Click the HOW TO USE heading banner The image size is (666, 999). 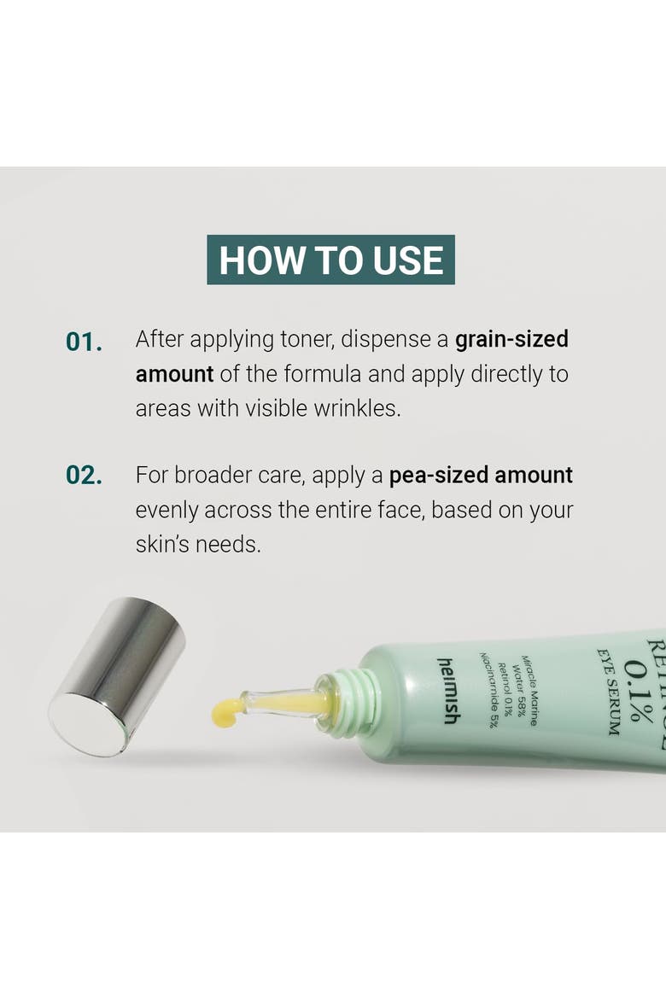[x=330, y=260]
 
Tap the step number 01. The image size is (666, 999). [x=85, y=342]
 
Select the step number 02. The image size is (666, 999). [x=85, y=476]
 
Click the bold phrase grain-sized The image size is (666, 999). [x=511, y=340]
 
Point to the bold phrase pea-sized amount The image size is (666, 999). [x=481, y=476]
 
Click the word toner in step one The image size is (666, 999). [x=307, y=340]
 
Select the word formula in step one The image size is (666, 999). [x=323, y=374]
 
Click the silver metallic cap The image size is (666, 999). [x=117, y=676]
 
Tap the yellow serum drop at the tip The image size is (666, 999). [x=227, y=711]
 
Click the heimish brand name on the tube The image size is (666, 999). [x=449, y=691]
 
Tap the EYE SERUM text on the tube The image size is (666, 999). [x=607, y=692]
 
